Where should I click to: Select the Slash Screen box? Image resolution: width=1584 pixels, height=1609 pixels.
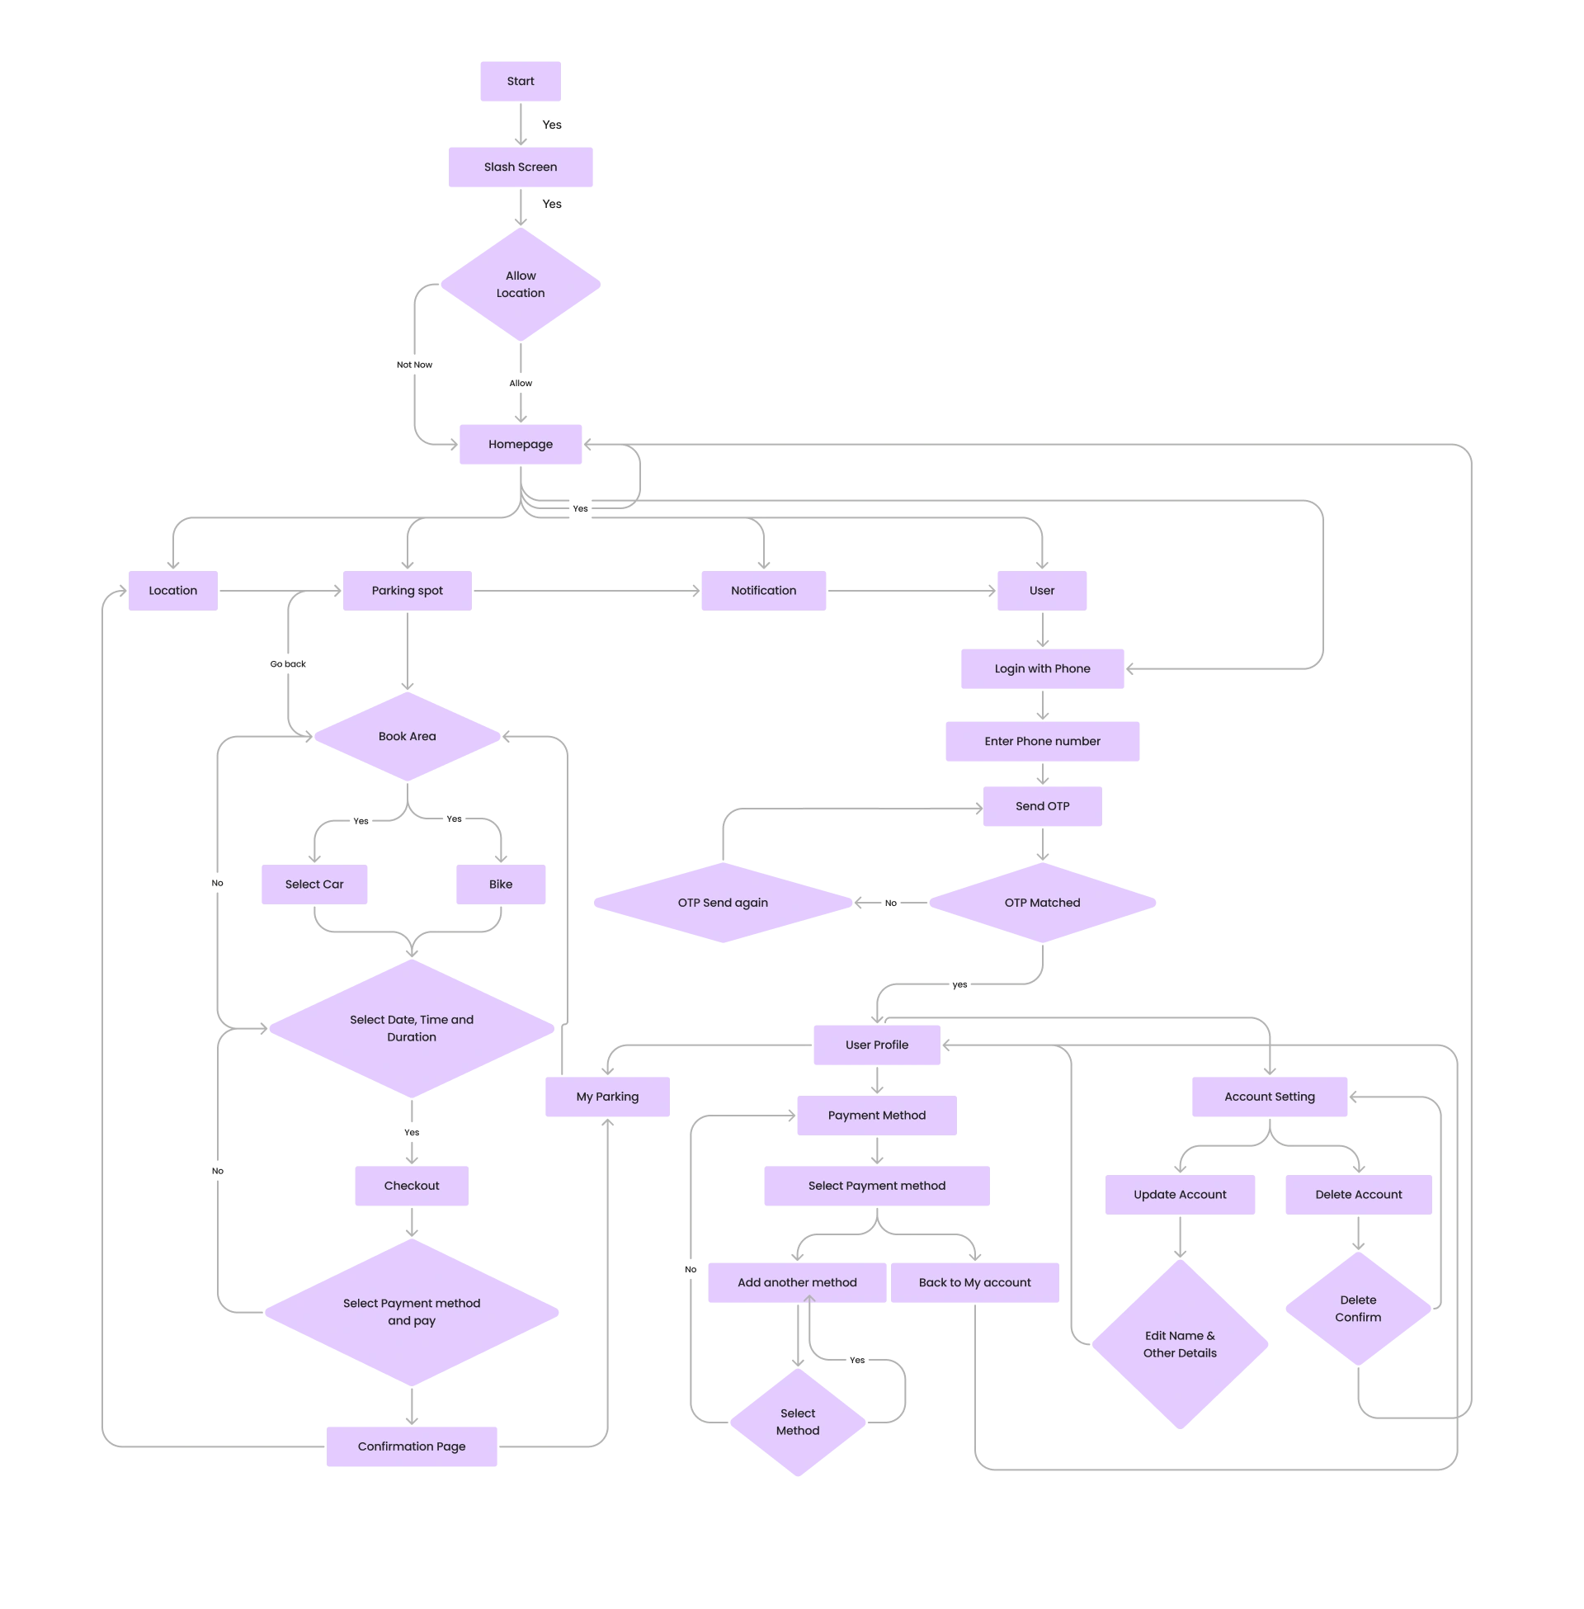[521, 168]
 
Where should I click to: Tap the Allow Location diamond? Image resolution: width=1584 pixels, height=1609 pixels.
[521, 285]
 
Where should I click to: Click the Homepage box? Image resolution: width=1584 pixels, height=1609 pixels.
[521, 444]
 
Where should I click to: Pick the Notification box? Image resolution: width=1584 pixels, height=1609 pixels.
[765, 591]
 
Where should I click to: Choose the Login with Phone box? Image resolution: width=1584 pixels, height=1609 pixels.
[1043, 669]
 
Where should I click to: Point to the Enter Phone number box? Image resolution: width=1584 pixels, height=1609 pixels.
[1043, 741]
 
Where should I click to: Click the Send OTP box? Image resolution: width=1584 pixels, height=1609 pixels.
[1043, 807]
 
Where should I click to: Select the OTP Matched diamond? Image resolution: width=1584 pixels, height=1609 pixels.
[1043, 903]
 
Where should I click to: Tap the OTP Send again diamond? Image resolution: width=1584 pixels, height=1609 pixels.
[723, 903]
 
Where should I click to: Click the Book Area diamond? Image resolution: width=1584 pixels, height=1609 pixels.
[407, 736]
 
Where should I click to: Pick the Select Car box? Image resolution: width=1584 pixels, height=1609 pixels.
[313, 885]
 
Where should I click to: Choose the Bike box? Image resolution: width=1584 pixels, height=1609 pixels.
[501, 885]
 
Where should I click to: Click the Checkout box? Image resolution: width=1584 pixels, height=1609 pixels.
[410, 1186]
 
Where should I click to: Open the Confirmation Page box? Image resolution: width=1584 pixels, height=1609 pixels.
[412, 1446]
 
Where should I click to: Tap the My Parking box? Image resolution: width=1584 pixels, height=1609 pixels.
[607, 1097]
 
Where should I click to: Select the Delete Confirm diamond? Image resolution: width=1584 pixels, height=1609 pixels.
[1358, 1309]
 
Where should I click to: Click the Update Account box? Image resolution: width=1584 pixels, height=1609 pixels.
[1181, 1195]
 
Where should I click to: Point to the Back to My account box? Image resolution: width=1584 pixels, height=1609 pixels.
[975, 1283]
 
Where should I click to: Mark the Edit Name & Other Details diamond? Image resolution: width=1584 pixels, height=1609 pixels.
[1181, 1344]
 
